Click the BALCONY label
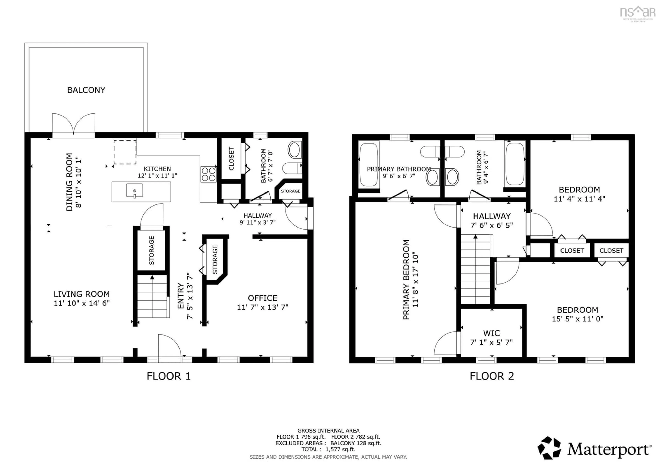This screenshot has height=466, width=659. [86, 90]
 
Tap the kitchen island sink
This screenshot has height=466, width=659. [134, 191]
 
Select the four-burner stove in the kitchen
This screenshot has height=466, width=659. [208, 174]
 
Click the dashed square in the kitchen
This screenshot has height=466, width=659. [125, 152]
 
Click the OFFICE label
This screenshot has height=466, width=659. [262, 298]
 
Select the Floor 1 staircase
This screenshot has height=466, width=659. [152, 296]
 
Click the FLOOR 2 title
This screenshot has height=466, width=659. [492, 376]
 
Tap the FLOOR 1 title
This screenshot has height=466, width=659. [169, 376]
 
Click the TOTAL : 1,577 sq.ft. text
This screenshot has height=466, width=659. [328, 449]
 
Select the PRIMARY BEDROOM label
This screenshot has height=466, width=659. [406, 279]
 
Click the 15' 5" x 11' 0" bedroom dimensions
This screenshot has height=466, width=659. [577, 319]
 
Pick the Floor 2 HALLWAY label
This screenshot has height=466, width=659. [492, 216]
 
